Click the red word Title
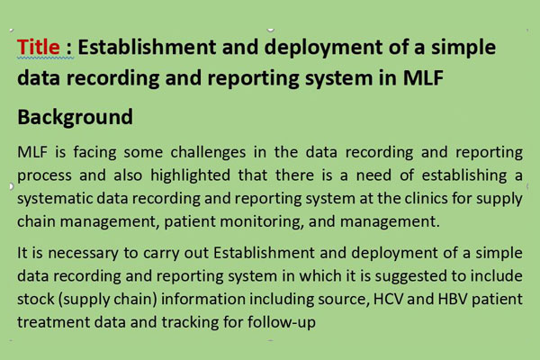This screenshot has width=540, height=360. click(39, 47)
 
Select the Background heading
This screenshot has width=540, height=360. click(75, 117)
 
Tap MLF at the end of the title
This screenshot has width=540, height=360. click(423, 77)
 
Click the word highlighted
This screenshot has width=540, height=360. click(190, 175)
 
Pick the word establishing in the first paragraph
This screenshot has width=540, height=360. click(464, 175)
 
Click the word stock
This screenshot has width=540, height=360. click(36, 299)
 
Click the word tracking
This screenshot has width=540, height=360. click(190, 322)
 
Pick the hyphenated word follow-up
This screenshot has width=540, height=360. click(282, 322)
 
